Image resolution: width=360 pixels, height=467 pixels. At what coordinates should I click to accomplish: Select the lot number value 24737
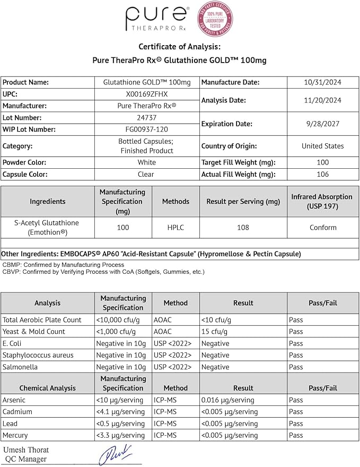point(146,118)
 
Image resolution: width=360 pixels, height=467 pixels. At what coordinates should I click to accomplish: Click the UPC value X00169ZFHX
point(146,94)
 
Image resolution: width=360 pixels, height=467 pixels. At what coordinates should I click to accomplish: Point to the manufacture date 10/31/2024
point(323,82)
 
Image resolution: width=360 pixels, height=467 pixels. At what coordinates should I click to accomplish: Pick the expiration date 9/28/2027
point(323,124)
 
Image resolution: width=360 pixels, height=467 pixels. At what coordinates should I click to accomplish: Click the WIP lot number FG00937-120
point(146,129)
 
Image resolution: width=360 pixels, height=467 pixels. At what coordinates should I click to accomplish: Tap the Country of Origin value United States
point(323,146)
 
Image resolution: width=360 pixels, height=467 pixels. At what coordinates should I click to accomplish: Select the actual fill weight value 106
point(323,174)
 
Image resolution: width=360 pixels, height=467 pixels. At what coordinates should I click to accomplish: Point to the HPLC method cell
point(175,228)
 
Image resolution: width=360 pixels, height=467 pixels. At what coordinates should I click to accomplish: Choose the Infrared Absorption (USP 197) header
point(322,202)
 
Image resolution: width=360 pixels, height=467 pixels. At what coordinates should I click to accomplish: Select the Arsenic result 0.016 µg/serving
point(227,400)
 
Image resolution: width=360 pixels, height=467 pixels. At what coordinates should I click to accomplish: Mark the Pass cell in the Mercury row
point(296,435)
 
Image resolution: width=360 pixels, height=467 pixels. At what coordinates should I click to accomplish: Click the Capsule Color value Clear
point(146,174)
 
